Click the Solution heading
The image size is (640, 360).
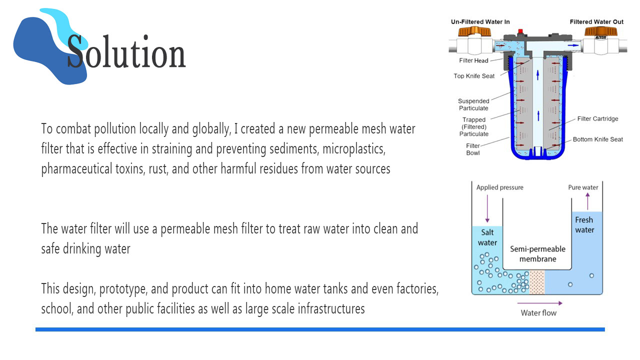(x=126, y=52)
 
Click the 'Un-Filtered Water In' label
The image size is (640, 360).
(x=480, y=22)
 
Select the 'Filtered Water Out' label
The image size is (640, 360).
(x=596, y=22)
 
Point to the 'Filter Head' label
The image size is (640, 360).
(x=473, y=61)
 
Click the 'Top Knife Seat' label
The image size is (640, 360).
(x=474, y=76)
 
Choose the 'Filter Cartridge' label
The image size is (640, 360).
(x=597, y=119)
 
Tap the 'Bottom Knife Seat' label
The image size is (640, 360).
(x=597, y=139)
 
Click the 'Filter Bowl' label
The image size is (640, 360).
(x=473, y=149)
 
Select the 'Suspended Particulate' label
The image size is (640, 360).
(x=473, y=104)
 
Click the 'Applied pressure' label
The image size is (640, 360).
(x=499, y=187)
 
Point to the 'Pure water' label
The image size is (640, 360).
(x=583, y=187)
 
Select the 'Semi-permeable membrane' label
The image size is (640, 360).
(x=537, y=253)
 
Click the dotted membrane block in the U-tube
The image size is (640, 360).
(x=536, y=281)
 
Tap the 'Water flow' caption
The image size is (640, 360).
(x=538, y=313)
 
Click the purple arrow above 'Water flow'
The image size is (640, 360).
(x=539, y=303)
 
